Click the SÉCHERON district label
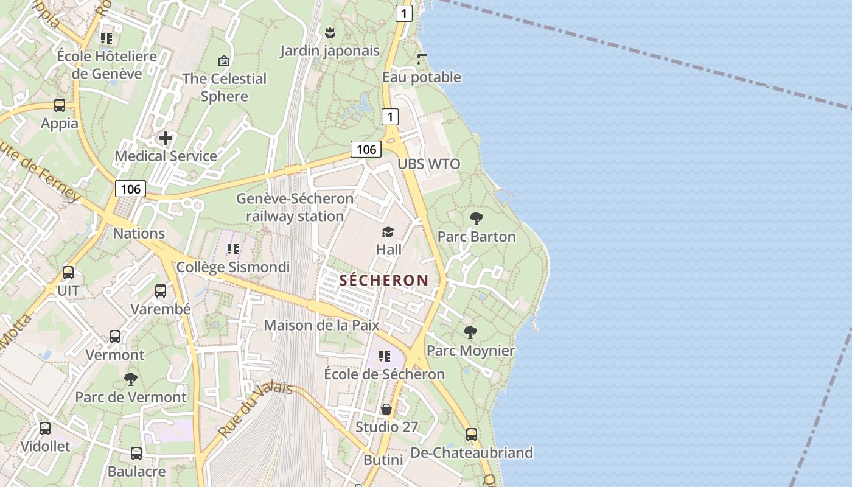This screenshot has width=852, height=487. tap(384, 280)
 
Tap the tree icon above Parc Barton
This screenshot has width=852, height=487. tap(477, 218)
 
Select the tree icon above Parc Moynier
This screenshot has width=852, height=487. tap(470, 332)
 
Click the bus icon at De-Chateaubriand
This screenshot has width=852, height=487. tap(472, 435)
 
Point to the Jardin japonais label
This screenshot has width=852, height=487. tap(330, 51)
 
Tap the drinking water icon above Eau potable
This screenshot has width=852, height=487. tap(422, 59)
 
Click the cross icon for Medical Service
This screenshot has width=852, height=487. tap(166, 138)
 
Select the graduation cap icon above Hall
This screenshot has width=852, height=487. tap(388, 232)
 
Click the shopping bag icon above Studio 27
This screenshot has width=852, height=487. tap(386, 409)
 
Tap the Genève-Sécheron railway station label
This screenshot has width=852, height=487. tap(295, 207)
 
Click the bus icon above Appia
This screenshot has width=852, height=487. tap(60, 105)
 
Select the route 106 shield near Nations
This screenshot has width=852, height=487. tap(131, 189)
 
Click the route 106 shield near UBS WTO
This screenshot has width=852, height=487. tap(366, 149)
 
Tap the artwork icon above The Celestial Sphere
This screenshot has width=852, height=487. tap(224, 61)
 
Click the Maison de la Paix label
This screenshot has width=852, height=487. tap(321, 325)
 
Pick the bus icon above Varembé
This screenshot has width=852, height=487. tap(161, 291)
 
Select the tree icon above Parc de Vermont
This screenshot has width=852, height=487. tap(131, 379)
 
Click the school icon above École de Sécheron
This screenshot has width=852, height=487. tap(384, 356)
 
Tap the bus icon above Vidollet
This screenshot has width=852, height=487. tap(45, 429)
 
